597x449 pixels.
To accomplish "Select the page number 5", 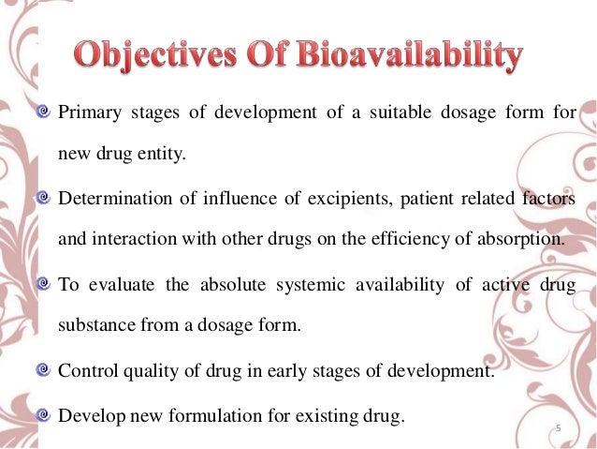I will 557,428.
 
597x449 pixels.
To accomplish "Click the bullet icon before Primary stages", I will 45,116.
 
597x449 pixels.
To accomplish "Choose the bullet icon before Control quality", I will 45,368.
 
